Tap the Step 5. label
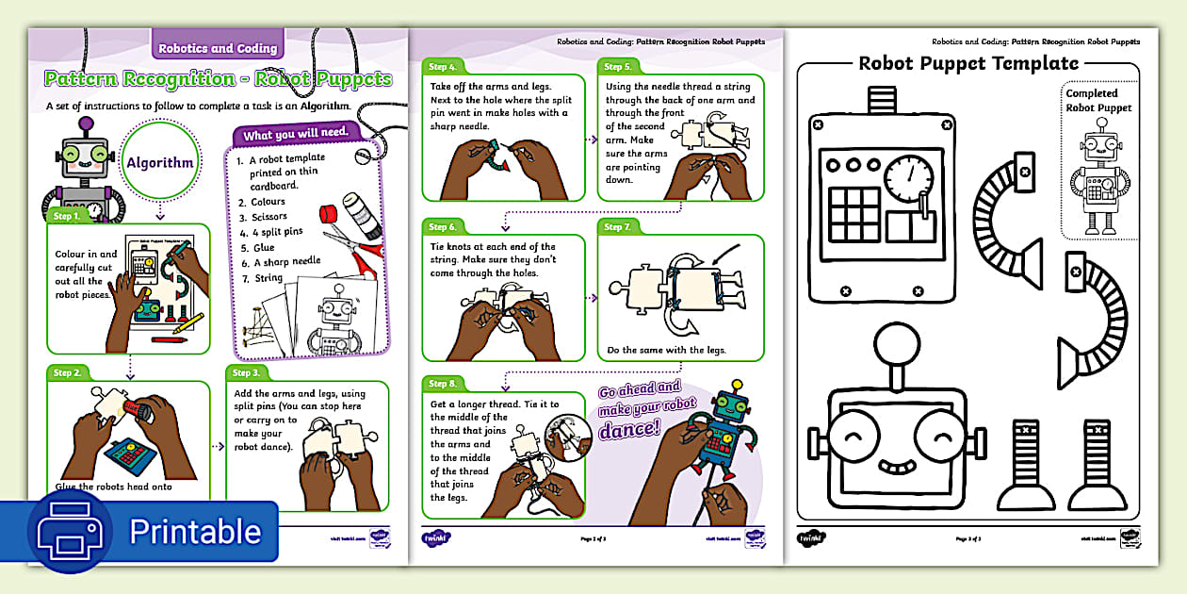618,67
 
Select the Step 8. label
443,384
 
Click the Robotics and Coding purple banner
218,48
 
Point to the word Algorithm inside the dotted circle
160,163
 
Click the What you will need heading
294,135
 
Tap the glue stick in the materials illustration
357,211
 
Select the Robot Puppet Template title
967,64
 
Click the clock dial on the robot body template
910,175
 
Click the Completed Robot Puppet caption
1098,101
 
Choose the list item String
268,277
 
